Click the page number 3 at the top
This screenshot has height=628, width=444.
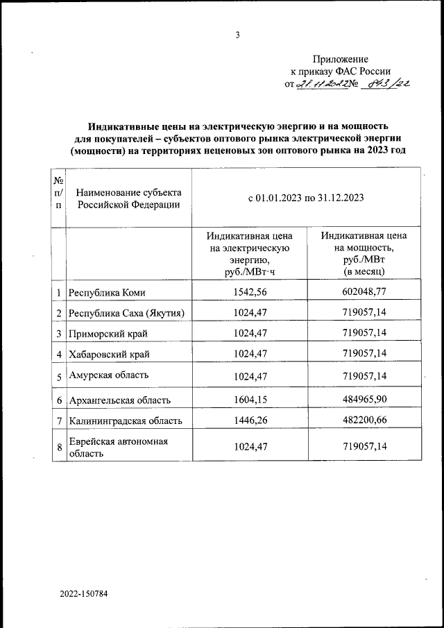point(237,35)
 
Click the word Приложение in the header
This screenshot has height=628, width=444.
point(340,59)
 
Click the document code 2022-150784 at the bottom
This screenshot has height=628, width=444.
point(84,595)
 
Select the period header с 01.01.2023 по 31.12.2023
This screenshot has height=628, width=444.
point(306,198)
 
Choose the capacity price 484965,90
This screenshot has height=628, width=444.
point(364,400)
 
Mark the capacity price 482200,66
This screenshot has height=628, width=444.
point(364,421)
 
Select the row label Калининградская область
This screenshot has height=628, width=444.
point(125,421)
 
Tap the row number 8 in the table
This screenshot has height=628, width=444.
point(60,448)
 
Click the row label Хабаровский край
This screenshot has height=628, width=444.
point(109,355)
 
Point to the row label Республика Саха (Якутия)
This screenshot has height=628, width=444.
point(126,314)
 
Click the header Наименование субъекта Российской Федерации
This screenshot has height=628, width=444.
point(129,198)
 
